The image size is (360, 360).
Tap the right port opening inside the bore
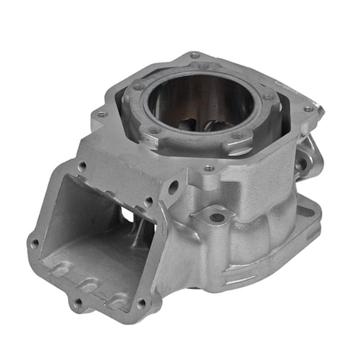pyautogui.click(x=217, y=124)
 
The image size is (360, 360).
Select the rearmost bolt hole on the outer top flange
pyautogui.click(x=195, y=55)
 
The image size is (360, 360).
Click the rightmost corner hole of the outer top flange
pyautogui.click(x=308, y=109)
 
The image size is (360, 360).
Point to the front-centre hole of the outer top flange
pyautogui.click(x=209, y=168)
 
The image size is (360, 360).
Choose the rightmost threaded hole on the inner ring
pyautogui.click(x=269, y=97)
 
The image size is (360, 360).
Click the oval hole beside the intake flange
pyautogui.click(x=173, y=187)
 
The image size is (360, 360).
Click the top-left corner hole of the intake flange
pyautogui.click(x=82, y=166)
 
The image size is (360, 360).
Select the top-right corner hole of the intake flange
pyautogui.click(x=148, y=200)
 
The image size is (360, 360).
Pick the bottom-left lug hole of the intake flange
pyautogui.click(x=78, y=303)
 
